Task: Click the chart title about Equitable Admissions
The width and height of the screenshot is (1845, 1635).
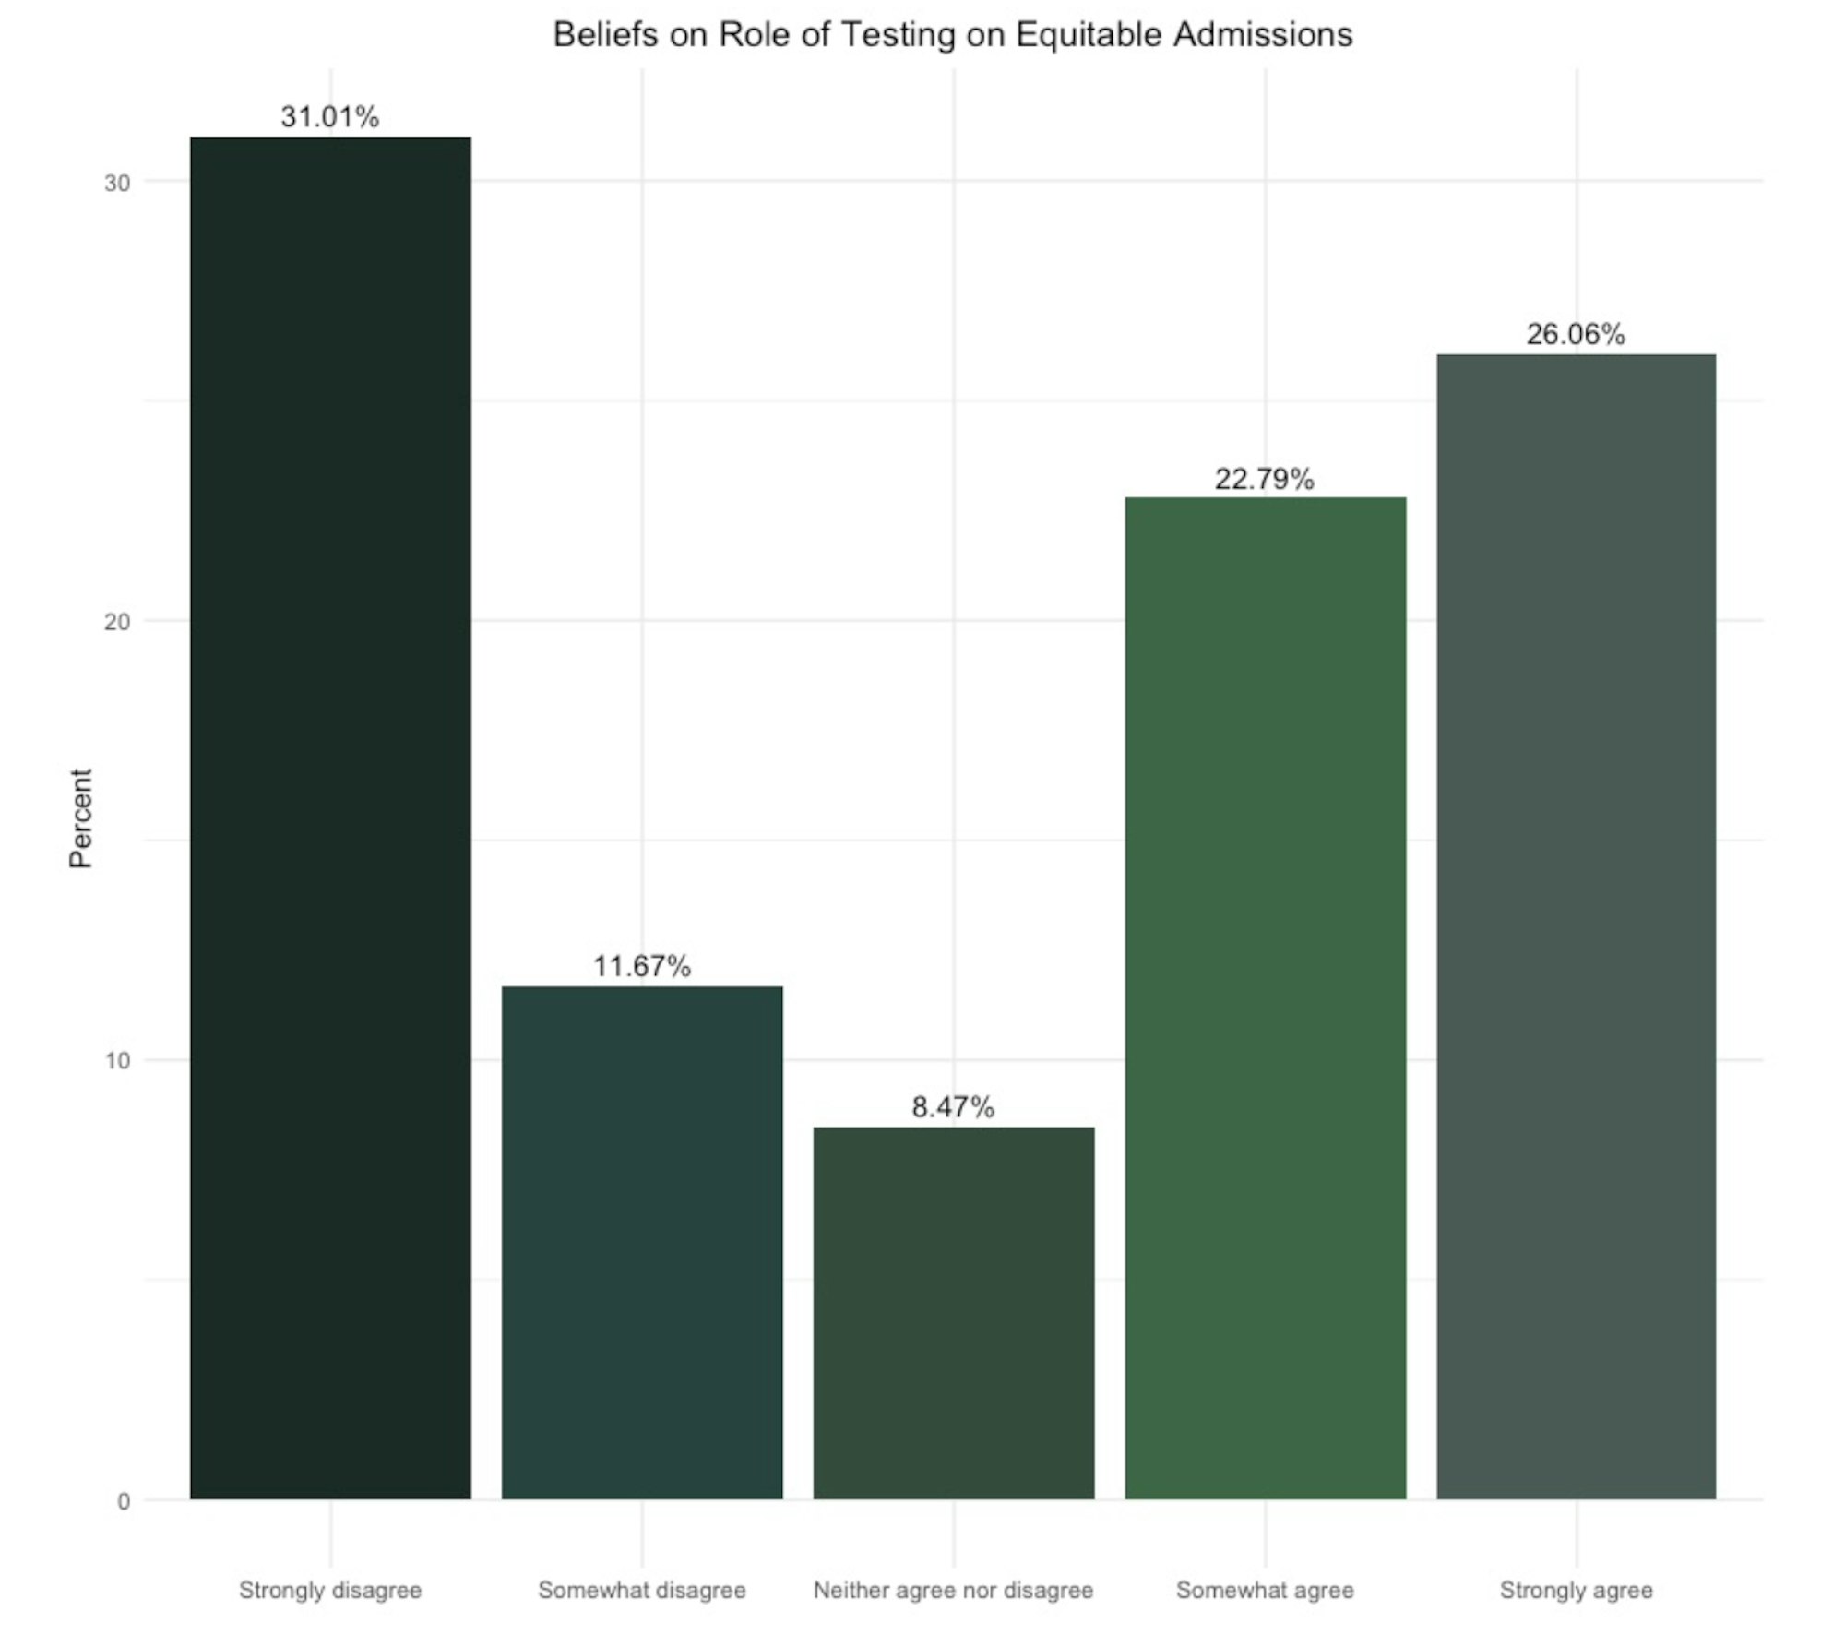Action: click(952, 35)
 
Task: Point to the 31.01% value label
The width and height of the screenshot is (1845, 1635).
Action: click(330, 117)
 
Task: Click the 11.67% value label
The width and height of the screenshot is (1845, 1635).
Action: click(642, 966)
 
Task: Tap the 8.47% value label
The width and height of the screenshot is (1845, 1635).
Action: click(954, 1106)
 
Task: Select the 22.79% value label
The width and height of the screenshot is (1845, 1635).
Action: click(1265, 479)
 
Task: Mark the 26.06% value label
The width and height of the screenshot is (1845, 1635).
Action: click(1576, 334)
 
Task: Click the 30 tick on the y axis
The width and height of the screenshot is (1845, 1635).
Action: click(117, 183)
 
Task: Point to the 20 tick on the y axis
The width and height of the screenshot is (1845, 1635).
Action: click(117, 621)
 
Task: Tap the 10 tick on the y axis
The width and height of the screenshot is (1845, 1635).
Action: click(117, 1060)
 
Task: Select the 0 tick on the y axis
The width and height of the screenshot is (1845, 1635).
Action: click(124, 1501)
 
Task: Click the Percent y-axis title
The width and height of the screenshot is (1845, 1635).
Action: click(81, 817)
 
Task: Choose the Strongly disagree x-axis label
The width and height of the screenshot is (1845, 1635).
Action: click(330, 1590)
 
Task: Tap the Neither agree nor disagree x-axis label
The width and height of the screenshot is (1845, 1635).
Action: click(953, 1590)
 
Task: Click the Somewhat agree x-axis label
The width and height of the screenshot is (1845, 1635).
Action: click(1265, 1590)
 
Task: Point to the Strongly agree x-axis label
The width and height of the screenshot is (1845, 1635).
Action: click(1576, 1590)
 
